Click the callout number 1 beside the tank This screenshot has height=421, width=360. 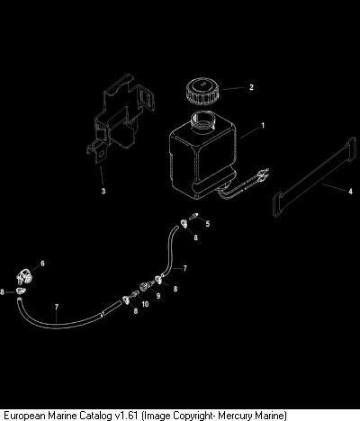coord(263,125)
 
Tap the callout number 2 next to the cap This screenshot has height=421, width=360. coord(251,87)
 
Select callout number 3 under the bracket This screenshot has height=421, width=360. coord(103,191)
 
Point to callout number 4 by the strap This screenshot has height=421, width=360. coord(350,191)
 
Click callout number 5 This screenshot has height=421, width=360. coord(208,224)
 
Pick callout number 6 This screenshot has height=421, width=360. coord(42,264)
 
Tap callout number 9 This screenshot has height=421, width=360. coord(158,296)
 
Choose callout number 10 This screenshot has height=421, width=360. coord(145,304)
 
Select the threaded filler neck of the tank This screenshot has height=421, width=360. coord(203,121)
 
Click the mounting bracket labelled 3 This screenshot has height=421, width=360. coord(121,119)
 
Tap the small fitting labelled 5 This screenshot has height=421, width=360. coord(193,216)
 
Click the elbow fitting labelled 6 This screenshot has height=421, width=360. coord(25,276)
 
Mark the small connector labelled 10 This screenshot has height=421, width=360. coord(135,293)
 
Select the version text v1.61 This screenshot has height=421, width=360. coord(127,416)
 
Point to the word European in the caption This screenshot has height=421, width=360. coord(25,416)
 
